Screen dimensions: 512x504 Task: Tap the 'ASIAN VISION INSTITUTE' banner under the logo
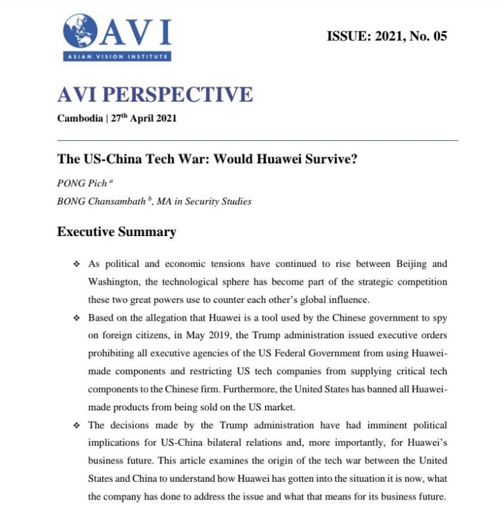[x=117, y=57]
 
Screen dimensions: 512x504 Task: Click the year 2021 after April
[x=165, y=119]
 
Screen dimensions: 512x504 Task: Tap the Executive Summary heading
[x=117, y=231]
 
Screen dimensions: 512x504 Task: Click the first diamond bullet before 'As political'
[x=76, y=264]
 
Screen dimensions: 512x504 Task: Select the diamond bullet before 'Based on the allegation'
[x=76, y=318]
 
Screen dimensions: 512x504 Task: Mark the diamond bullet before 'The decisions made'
[x=76, y=425]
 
